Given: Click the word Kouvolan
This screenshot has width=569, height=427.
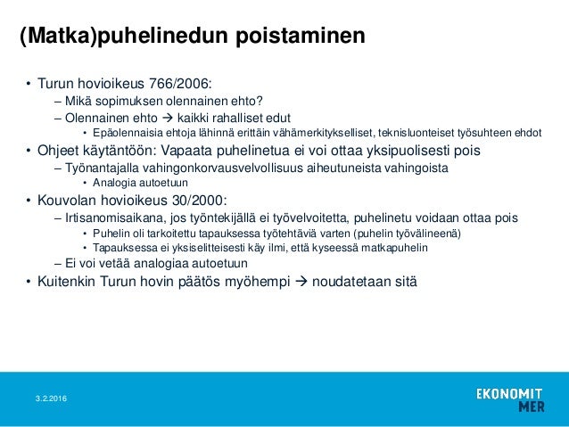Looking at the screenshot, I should [x=68, y=200].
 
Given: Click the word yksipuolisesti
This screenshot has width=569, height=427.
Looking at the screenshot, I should [x=392, y=150].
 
